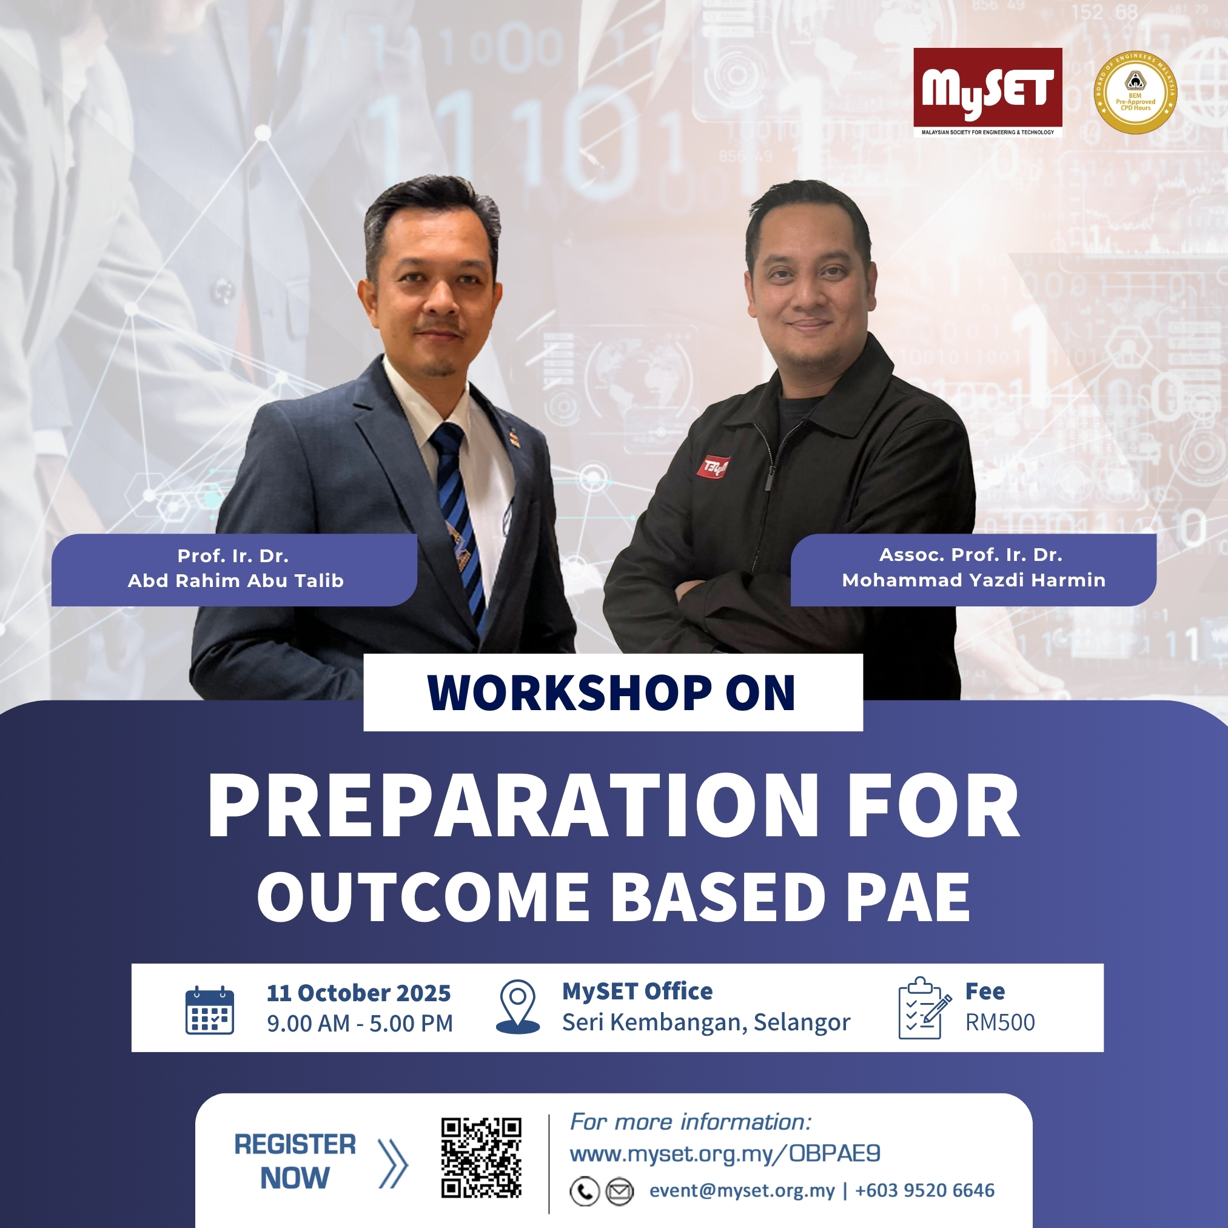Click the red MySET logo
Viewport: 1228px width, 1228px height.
[988, 93]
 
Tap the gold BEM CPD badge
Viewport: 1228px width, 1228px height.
[1135, 93]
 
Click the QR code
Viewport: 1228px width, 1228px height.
[481, 1158]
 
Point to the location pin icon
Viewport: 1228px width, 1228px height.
[517, 1006]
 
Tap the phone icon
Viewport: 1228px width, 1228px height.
[585, 1191]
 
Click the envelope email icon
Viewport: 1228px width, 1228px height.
[619, 1191]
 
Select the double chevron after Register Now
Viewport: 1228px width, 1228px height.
[393, 1163]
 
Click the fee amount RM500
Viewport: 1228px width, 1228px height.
[1000, 1022]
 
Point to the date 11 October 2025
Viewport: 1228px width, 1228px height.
[358, 993]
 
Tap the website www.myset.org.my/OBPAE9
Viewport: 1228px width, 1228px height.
[725, 1153]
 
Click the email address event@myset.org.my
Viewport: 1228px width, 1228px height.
[742, 1191]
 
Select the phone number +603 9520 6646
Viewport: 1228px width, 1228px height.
[925, 1190]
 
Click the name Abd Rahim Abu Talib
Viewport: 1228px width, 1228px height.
[236, 581]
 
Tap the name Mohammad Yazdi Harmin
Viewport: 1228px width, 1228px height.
[974, 580]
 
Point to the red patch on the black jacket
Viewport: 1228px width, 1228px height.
[713, 467]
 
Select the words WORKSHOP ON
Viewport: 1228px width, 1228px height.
[611, 692]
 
